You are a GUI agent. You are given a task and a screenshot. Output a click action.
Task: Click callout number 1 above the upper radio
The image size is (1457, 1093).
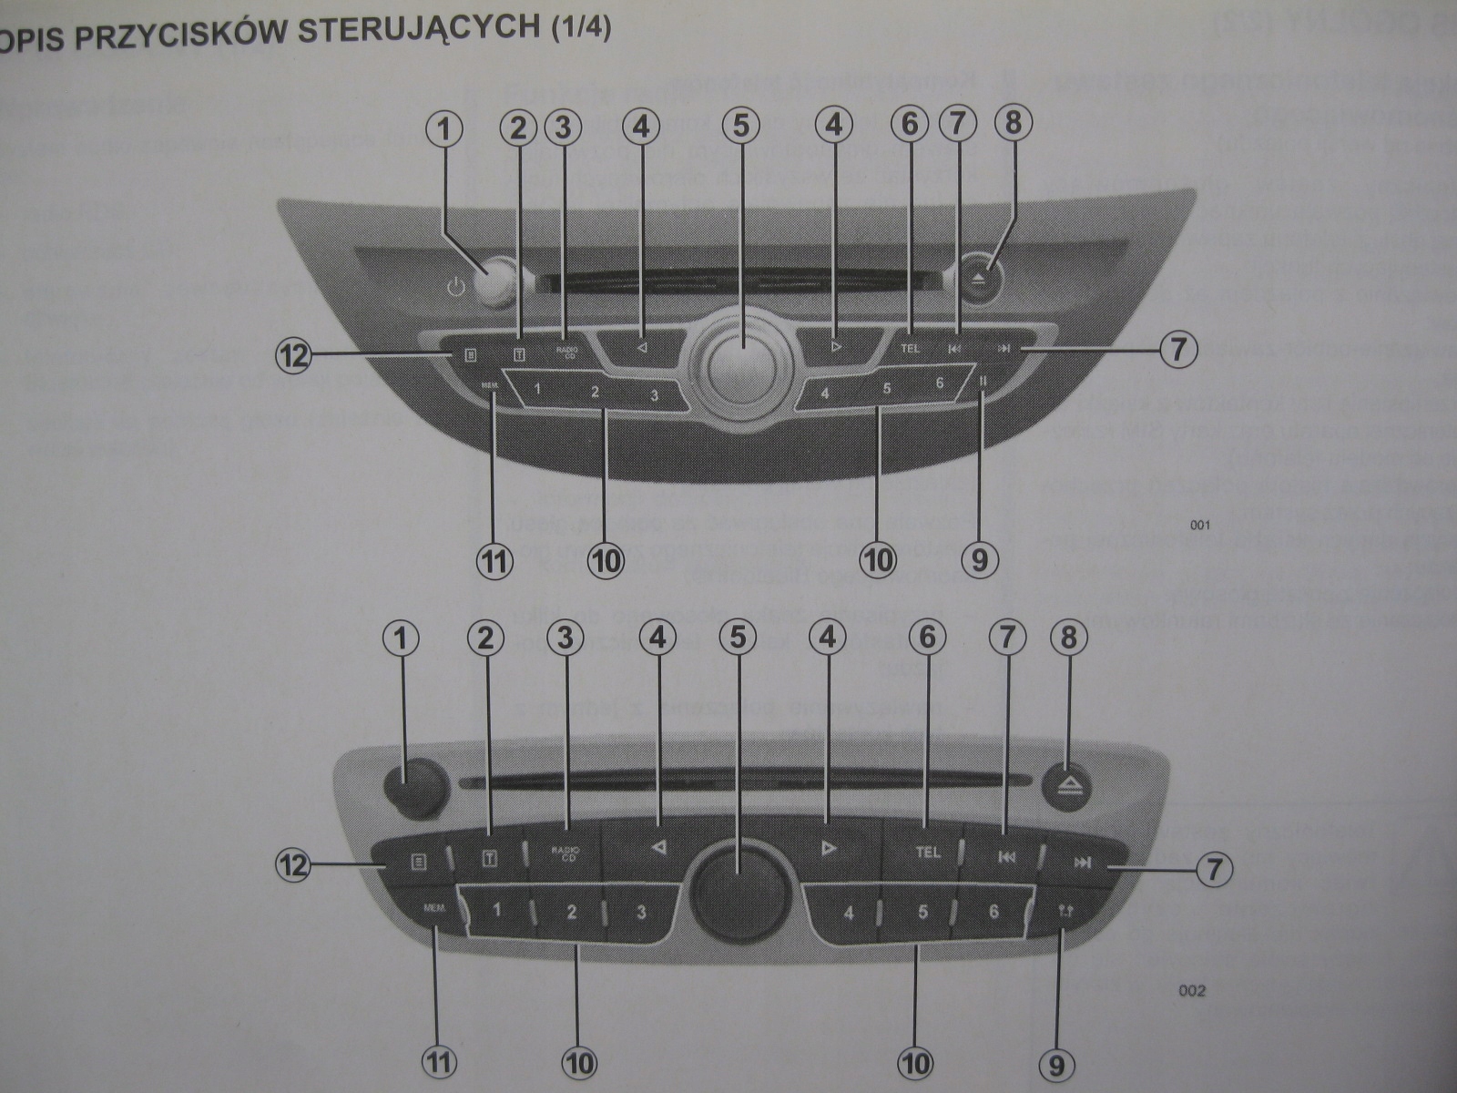(444, 128)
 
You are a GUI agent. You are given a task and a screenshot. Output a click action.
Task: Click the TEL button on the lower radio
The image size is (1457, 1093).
(927, 853)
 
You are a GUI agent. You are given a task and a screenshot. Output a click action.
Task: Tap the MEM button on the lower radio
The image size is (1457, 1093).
(433, 909)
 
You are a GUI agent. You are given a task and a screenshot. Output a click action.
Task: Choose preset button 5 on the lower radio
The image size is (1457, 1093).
(922, 912)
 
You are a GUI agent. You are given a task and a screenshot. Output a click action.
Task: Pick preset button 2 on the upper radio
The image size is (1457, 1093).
(595, 393)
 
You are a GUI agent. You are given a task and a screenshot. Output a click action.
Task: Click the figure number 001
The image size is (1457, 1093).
(1199, 526)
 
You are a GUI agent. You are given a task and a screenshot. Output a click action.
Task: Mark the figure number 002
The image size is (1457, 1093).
(1191, 990)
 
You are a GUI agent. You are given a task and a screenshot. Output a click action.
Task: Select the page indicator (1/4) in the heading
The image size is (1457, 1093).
(580, 26)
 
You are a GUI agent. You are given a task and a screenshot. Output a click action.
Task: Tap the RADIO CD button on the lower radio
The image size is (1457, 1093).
(565, 853)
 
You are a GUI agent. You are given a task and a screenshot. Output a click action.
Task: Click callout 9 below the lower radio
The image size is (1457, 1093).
(1056, 1064)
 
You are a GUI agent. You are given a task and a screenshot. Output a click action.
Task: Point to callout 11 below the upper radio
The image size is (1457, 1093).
(494, 560)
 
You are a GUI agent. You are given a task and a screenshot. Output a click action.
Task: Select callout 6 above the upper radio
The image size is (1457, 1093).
(910, 125)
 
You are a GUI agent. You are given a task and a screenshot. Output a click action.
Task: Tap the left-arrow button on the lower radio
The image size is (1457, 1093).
(657, 848)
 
